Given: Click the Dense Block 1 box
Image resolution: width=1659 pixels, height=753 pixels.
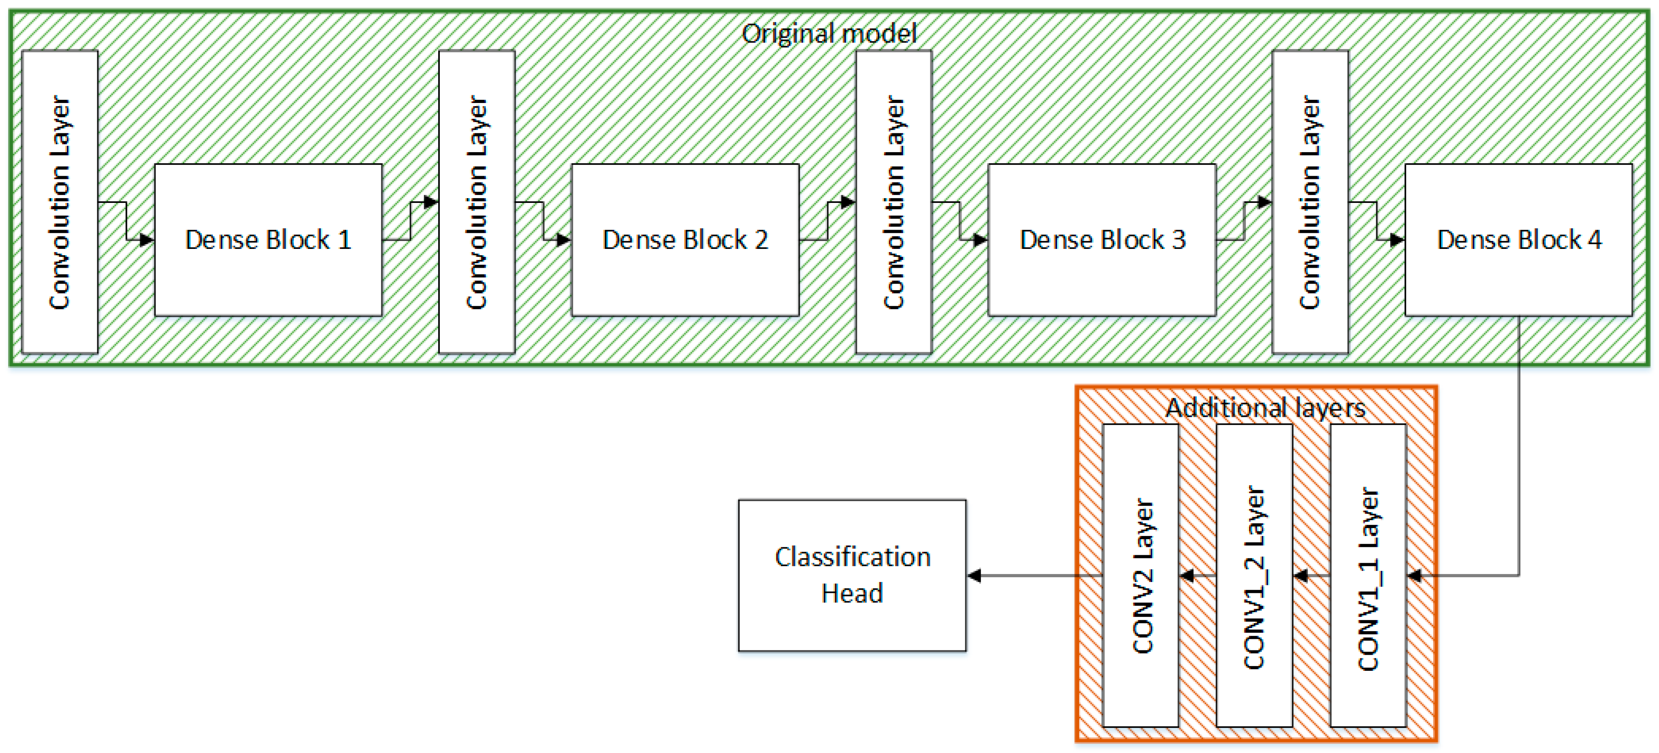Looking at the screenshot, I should (268, 239).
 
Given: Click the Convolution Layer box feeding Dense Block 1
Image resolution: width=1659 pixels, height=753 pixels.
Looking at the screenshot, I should (60, 202).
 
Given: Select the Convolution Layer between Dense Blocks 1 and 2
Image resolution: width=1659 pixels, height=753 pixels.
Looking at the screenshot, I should (476, 202).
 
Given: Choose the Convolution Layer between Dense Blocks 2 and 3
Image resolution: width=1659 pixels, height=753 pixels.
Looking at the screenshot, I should (893, 202).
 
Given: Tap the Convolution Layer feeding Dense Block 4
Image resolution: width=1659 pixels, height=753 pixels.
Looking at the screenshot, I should (1310, 202).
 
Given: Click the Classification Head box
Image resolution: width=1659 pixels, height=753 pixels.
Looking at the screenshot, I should (852, 575).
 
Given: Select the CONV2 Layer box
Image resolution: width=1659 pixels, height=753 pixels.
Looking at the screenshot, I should (1140, 575).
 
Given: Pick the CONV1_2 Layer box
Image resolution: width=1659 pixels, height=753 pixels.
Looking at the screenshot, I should (1254, 575).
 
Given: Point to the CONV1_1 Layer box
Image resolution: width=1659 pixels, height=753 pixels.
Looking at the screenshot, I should (1368, 575).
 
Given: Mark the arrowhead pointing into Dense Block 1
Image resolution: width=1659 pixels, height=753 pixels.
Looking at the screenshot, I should (148, 240).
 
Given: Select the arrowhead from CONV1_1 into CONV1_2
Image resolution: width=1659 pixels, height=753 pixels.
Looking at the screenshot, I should (1300, 575).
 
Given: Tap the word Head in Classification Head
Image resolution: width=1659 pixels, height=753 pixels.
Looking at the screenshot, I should (852, 593).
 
